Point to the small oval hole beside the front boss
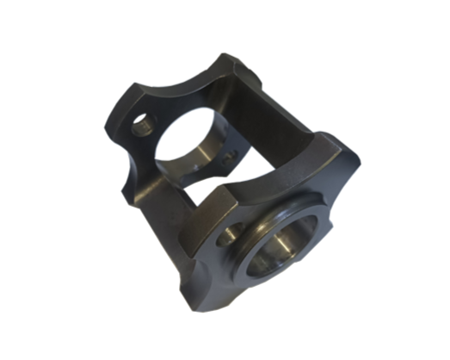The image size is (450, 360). click(x=231, y=233)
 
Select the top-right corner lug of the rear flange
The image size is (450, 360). click(x=231, y=65)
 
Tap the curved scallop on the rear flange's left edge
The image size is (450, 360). click(x=120, y=151)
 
